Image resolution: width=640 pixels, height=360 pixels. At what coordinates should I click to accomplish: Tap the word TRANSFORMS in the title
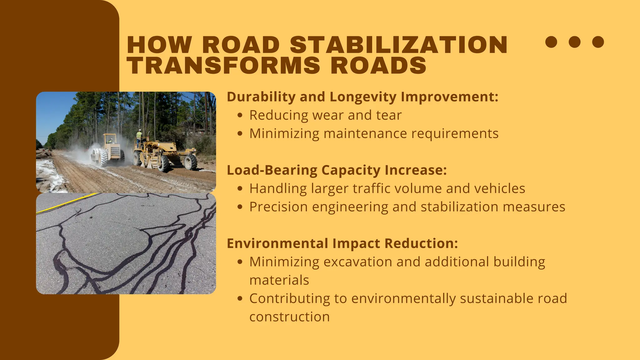point(223,66)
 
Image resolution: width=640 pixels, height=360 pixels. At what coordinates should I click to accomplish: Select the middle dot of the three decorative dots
point(574,42)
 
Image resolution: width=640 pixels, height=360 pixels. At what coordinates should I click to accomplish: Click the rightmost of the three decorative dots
point(598,42)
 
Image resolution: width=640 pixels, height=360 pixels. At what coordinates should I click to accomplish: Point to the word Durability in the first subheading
point(261,97)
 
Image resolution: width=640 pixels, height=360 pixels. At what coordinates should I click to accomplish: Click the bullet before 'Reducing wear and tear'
point(240,115)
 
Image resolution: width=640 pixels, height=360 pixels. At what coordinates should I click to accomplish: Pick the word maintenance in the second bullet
point(365,134)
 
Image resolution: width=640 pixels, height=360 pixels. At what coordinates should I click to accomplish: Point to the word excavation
point(357,262)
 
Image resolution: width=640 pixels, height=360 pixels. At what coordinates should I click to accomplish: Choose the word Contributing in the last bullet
point(289,298)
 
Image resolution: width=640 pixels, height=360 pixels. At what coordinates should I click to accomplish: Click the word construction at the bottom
point(289,317)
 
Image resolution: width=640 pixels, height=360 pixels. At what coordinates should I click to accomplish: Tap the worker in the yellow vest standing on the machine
point(139,138)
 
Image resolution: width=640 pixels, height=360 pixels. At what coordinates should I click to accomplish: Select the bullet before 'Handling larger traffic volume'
point(240,189)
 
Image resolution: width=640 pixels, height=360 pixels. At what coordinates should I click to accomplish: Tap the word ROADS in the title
point(378,66)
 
